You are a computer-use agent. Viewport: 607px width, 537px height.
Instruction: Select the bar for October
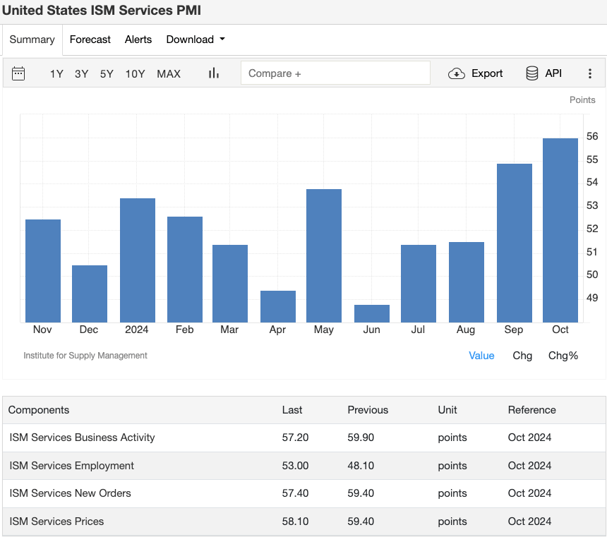[x=560, y=230]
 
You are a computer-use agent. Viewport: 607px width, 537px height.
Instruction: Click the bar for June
[x=372, y=313]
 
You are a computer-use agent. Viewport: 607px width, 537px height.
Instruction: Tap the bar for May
[x=324, y=255]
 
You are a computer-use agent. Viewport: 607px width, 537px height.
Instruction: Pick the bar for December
[x=90, y=294]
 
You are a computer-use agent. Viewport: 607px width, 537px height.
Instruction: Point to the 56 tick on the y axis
[x=592, y=136]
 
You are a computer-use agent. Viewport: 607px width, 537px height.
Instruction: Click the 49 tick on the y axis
[x=592, y=298]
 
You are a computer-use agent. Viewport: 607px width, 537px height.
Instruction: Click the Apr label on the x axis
[x=277, y=330]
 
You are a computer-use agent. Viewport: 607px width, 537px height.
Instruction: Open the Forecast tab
[x=90, y=40]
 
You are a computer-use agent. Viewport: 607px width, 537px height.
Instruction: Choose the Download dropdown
[x=196, y=40]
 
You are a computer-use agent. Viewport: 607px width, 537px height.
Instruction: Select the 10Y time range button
[x=135, y=73]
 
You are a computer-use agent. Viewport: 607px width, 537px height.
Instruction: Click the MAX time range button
[x=169, y=73]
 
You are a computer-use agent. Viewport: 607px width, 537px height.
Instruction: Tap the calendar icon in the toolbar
[x=18, y=73]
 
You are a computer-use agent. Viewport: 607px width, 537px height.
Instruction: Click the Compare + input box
[x=335, y=73]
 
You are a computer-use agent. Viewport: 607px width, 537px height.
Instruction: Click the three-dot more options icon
[x=590, y=73]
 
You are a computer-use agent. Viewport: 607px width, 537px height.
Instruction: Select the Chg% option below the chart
[x=563, y=356]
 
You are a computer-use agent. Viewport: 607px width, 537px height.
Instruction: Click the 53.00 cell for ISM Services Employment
[x=295, y=466]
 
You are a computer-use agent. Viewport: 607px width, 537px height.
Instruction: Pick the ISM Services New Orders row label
[x=71, y=493]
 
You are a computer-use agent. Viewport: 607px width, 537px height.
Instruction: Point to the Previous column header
[x=368, y=410]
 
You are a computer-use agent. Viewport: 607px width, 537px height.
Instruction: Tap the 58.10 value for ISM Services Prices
[x=295, y=521]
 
